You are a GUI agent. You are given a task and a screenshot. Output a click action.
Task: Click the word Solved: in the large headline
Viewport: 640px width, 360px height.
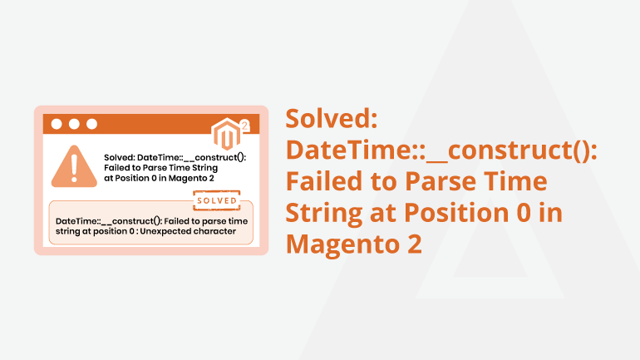(332, 119)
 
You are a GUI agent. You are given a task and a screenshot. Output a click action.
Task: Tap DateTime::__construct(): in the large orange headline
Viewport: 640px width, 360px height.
(441, 150)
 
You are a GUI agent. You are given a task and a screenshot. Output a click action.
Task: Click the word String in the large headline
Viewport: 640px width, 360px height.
(323, 214)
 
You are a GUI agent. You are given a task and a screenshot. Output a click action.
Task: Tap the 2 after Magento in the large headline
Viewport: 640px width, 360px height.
(414, 244)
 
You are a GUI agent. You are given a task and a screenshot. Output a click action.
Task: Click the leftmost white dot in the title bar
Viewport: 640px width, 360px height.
(57, 124)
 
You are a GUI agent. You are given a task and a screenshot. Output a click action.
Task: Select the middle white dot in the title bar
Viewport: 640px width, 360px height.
(74, 124)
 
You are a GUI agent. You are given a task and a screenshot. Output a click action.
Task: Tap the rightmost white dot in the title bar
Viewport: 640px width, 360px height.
(91, 124)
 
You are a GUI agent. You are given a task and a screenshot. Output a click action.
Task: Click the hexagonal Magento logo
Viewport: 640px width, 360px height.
(227, 134)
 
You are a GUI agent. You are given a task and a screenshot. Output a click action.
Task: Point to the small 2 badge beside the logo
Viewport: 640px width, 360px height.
(245, 126)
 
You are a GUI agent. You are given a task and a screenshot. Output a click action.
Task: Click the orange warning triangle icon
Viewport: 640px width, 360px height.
(74, 166)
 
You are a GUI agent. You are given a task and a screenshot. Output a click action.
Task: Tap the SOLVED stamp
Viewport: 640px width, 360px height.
(217, 200)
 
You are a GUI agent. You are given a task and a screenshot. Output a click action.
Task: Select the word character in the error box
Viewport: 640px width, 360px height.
(217, 231)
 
